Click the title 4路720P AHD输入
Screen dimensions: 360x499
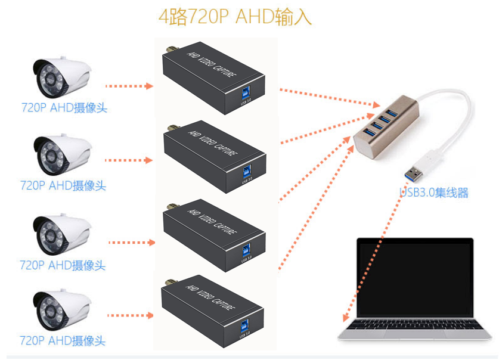click(235, 17)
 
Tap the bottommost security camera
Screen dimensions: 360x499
click(61, 310)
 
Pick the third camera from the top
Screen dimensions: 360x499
click(61, 234)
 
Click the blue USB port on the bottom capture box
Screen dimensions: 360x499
click(246, 327)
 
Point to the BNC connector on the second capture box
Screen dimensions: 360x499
click(172, 128)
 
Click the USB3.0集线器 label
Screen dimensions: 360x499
click(434, 193)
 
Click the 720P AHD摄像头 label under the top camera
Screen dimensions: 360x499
click(64, 108)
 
